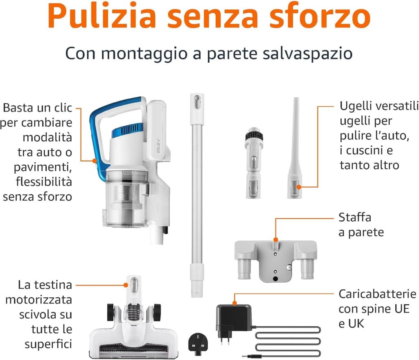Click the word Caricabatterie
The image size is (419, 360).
(377, 294)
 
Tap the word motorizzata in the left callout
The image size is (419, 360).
(38, 299)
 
